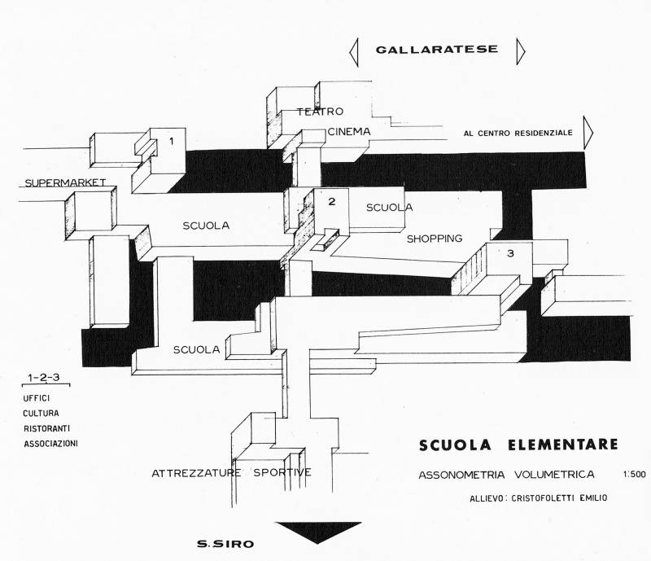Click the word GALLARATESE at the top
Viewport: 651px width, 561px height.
[436, 50]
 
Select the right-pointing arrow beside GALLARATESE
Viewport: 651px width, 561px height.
[520, 50]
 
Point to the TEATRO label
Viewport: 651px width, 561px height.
[320, 112]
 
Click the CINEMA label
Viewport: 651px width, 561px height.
[350, 132]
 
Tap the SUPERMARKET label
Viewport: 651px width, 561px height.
[66, 182]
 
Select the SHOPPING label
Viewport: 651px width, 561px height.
[434, 239]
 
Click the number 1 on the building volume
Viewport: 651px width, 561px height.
[171, 142]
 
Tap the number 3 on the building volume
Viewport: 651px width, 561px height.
[510, 254]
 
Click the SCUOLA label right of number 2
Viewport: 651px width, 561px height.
[389, 208]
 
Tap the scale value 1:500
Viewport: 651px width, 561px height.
[631, 473]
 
